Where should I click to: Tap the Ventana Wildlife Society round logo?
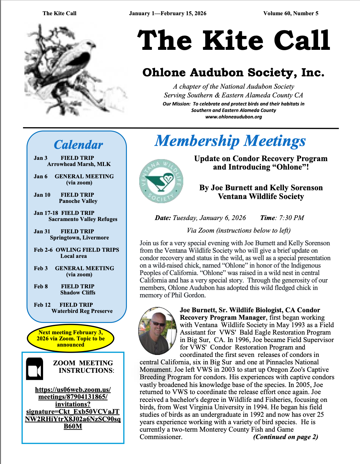coord(161,181)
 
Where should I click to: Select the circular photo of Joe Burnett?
coord(158,331)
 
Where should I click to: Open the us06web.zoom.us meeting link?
coord(73,408)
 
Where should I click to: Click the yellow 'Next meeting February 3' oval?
coord(71,338)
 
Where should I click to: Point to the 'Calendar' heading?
coord(78,145)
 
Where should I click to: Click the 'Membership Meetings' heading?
coord(230,141)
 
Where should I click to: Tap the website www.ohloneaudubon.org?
coord(233,117)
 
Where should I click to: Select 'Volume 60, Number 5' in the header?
coord(291,13)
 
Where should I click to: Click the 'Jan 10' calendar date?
coord(42,195)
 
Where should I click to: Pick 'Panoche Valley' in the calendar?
coord(78,201)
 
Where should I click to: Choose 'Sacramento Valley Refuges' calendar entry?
coord(83,219)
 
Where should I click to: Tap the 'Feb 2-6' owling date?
coord(43,250)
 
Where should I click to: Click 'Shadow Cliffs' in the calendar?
coord(78,293)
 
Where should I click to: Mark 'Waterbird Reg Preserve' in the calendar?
coord(82,311)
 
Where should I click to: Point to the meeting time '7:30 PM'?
coord(292,218)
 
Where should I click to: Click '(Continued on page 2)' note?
coord(286,437)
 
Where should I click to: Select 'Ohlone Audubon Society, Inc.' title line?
coord(233,72)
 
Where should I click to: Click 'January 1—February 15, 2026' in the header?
coord(168,13)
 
